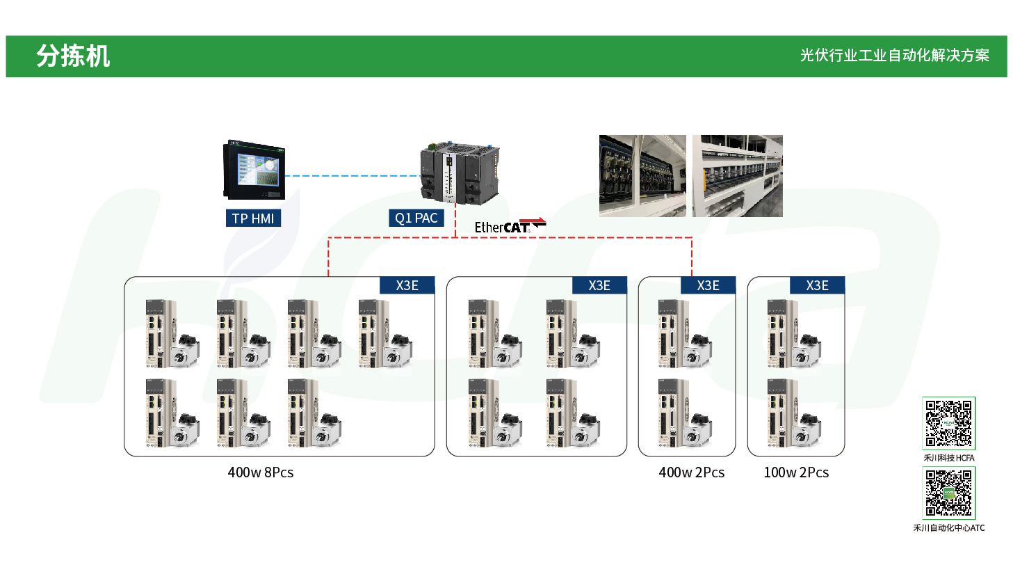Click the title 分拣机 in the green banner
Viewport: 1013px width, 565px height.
click(73, 56)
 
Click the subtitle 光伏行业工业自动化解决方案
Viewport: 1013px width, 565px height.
click(894, 56)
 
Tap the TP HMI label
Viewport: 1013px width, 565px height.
click(252, 218)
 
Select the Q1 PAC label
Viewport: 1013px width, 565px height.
click(416, 218)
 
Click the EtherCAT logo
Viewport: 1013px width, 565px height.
click(510, 225)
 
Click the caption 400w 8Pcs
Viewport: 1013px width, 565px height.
click(261, 472)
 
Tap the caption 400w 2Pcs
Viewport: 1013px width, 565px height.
click(691, 472)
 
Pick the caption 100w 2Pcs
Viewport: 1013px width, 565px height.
click(796, 472)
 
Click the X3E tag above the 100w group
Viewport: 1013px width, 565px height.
click(817, 285)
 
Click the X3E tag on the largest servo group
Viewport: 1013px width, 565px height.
click(407, 285)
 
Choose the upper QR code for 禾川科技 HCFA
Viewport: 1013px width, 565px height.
click(948, 423)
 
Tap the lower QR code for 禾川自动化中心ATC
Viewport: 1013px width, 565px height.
click(948, 493)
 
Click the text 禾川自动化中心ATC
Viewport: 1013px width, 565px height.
click(948, 528)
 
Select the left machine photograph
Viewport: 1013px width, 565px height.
click(642, 176)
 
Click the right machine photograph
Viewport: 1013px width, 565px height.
click(738, 176)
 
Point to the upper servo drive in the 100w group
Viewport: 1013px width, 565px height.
click(778, 333)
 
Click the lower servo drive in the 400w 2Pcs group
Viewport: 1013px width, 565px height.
click(669, 413)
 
